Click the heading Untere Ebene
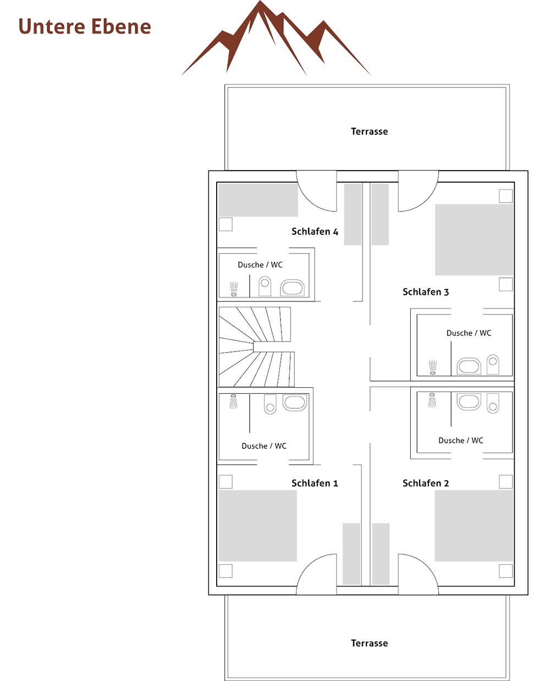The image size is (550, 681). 85,26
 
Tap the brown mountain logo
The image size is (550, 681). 276,38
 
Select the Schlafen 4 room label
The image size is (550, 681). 315,232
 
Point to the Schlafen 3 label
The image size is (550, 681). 426,292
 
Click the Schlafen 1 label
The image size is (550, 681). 315,483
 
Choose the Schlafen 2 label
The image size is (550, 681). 426,483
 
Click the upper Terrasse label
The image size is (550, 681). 369,131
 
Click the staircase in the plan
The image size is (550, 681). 256,347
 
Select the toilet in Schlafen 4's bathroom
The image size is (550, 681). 265,286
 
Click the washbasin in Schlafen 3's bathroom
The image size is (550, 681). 469,365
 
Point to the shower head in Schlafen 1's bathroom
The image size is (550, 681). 233,401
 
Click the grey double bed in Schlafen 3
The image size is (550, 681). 474,239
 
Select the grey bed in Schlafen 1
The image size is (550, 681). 257,526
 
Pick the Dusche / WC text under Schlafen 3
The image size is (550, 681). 469,333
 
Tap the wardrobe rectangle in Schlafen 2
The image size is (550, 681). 381,554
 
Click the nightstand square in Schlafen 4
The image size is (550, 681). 226,224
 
